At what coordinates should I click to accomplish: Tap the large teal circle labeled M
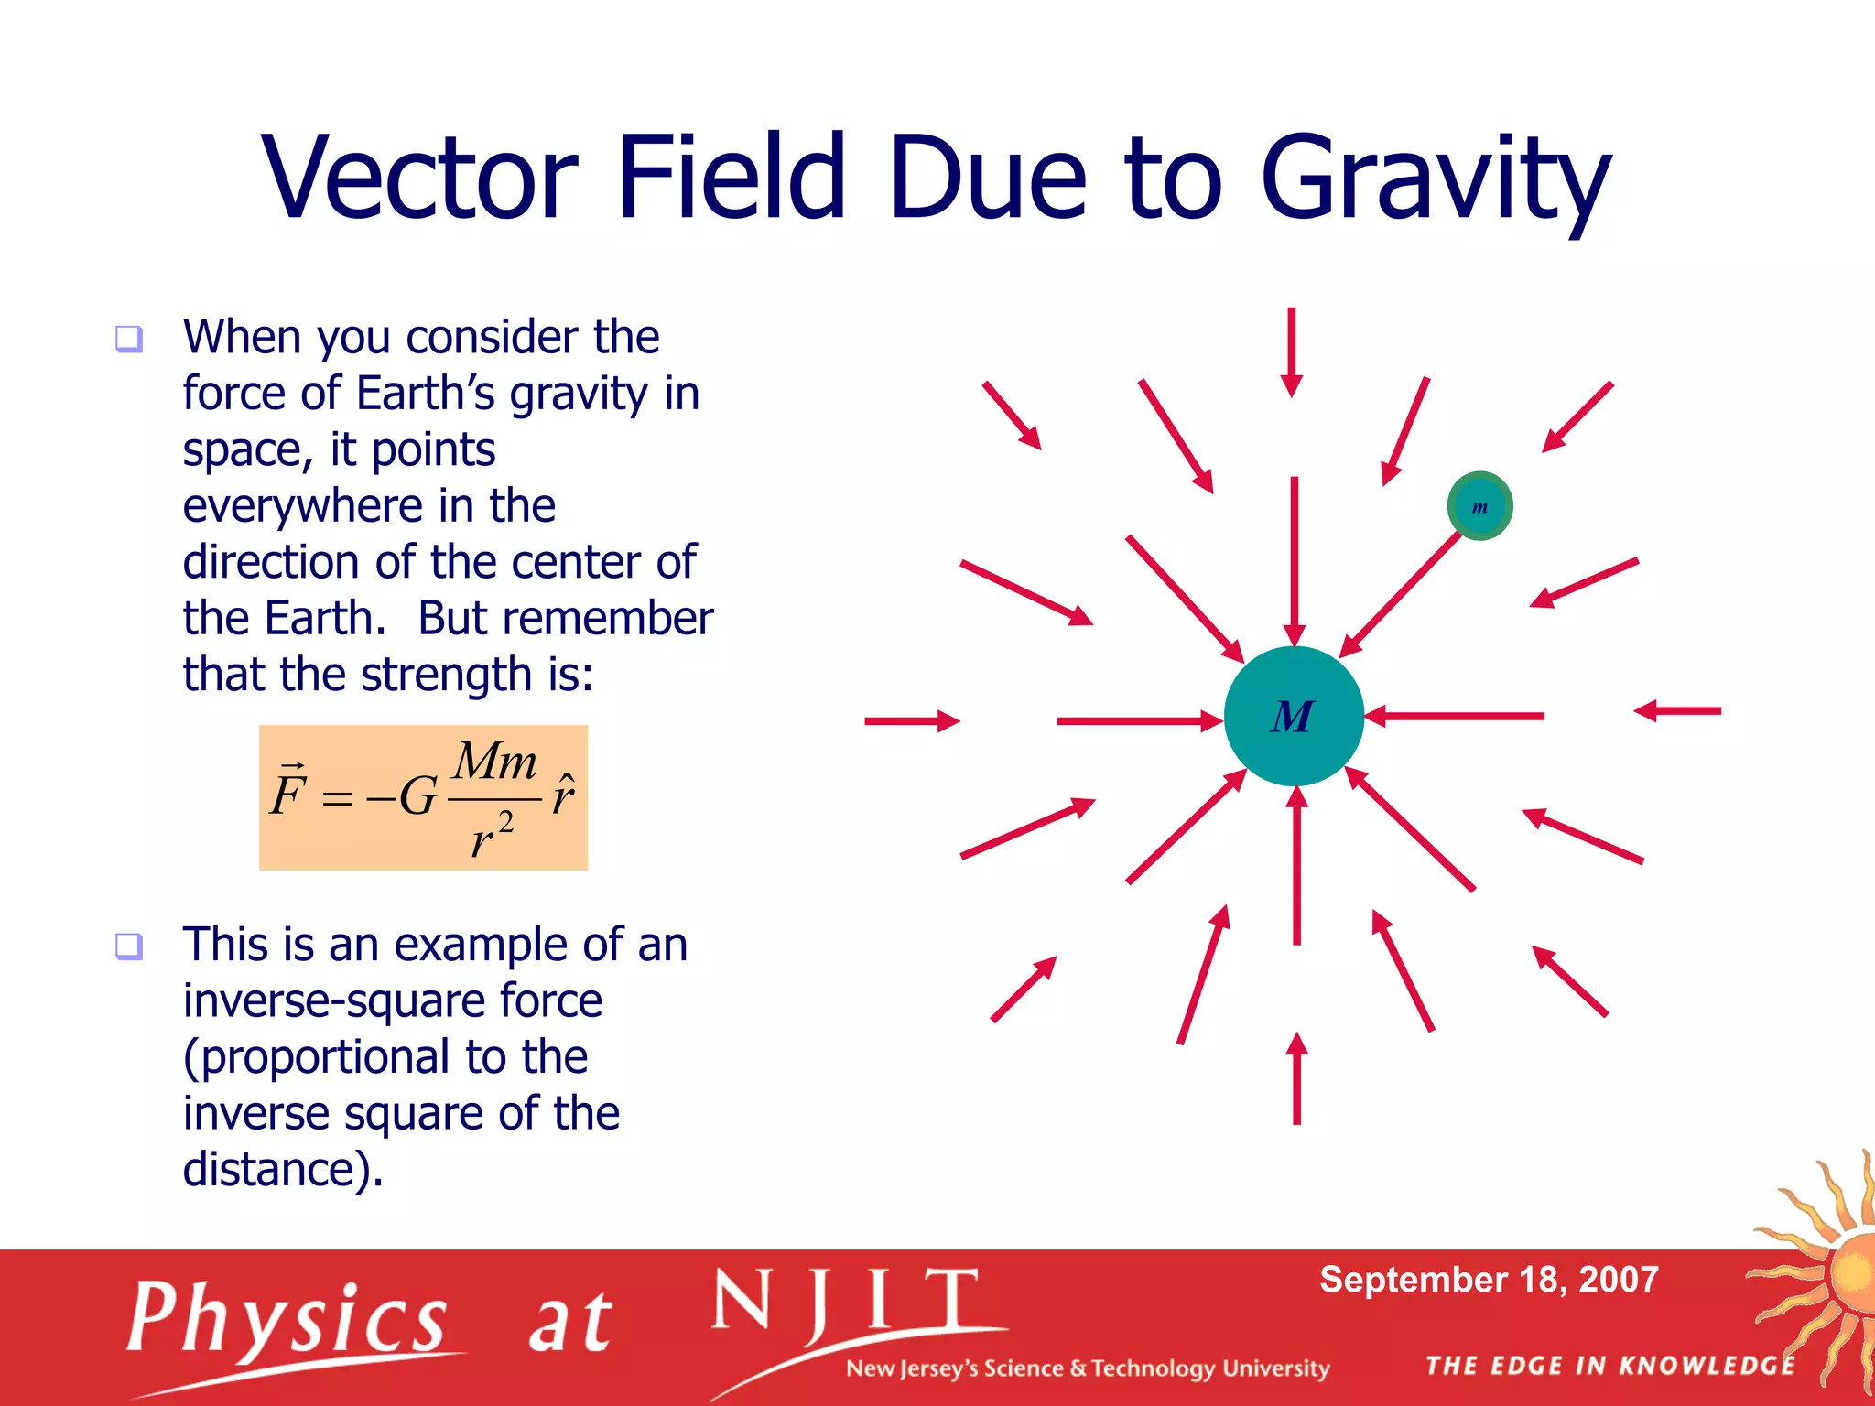pyautogui.click(x=1294, y=716)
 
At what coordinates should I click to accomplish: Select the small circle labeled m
pyautogui.click(x=1479, y=506)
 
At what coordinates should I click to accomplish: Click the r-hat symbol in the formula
pyautogui.click(x=563, y=795)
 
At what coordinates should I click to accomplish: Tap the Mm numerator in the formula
pyautogui.click(x=495, y=762)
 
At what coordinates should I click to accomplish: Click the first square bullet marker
pyautogui.click(x=129, y=340)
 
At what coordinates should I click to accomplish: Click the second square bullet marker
pyautogui.click(x=129, y=946)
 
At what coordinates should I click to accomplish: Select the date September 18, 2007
pyautogui.click(x=1489, y=1280)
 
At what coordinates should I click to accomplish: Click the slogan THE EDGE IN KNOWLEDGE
pyautogui.click(x=1610, y=1366)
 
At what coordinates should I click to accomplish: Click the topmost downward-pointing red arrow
pyautogui.click(x=1292, y=352)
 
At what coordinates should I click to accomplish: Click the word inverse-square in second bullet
pyautogui.click(x=392, y=1000)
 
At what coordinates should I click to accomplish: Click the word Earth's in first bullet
pyautogui.click(x=425, y=394)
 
